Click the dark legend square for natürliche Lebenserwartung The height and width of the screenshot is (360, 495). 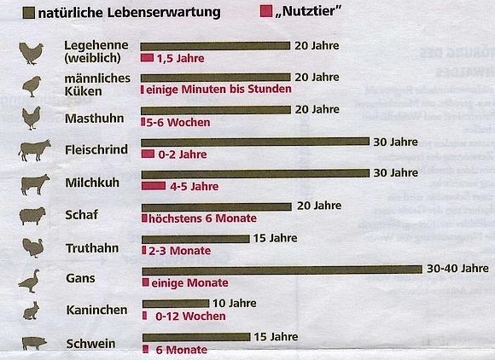30,13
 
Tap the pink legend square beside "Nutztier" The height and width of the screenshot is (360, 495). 266,13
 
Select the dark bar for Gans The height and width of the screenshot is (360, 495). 281,270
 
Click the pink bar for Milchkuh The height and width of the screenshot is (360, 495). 153,186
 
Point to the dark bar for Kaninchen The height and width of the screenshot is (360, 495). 174,303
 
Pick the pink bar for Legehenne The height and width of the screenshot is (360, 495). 147,58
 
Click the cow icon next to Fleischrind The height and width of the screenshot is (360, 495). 34,151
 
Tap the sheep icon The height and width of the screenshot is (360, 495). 32,216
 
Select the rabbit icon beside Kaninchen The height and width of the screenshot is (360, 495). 32,311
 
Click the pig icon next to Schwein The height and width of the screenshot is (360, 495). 32,343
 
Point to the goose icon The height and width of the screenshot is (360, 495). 31,279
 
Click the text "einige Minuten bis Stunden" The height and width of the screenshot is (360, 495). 219,89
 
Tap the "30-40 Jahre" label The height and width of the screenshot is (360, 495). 457,269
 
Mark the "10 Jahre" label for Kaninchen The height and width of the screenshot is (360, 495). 234,303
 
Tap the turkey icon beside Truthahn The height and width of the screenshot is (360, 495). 32,247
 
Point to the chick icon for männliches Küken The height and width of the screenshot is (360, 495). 32,85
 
